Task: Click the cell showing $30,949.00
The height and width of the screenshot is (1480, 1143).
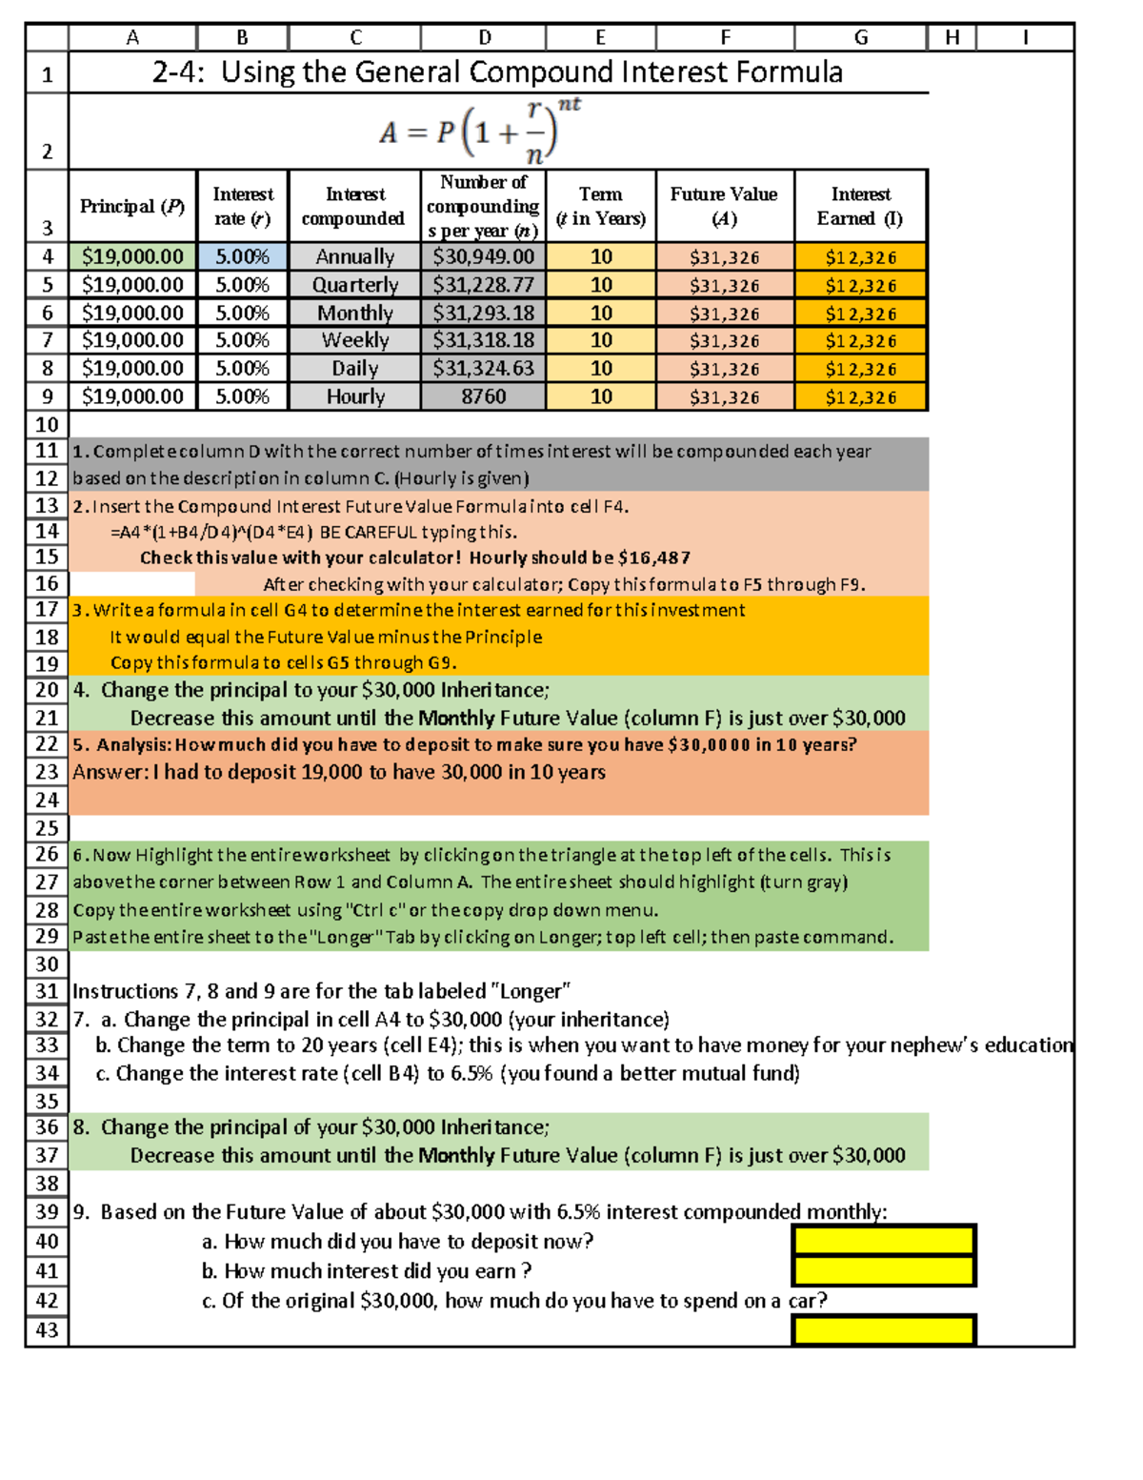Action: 483,256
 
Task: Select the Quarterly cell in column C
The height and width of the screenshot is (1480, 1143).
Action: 355,285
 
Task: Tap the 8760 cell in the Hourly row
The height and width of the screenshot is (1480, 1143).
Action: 483,396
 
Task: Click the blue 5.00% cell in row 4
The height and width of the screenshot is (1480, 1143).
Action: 242,256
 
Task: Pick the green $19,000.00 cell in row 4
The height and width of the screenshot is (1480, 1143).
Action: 132,256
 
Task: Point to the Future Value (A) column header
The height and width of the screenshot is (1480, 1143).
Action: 724,206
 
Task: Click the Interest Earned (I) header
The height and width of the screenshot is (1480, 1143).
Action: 860,206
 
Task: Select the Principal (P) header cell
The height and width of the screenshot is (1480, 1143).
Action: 132,206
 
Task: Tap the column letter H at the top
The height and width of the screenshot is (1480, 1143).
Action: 952,37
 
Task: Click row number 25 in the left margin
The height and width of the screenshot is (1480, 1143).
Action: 47,828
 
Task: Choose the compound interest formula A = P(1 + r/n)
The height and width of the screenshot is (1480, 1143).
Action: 481,132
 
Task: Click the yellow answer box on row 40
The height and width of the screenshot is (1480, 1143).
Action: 883,1240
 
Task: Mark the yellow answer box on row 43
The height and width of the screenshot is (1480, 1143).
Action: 883,1329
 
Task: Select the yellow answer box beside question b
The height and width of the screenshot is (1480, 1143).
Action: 883,1270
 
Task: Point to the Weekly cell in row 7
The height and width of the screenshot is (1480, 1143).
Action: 355,340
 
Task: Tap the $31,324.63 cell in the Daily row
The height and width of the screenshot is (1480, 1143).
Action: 483,368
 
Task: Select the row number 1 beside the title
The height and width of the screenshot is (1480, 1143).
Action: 47,74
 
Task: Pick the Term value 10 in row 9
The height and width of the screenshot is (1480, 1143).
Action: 601,396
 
